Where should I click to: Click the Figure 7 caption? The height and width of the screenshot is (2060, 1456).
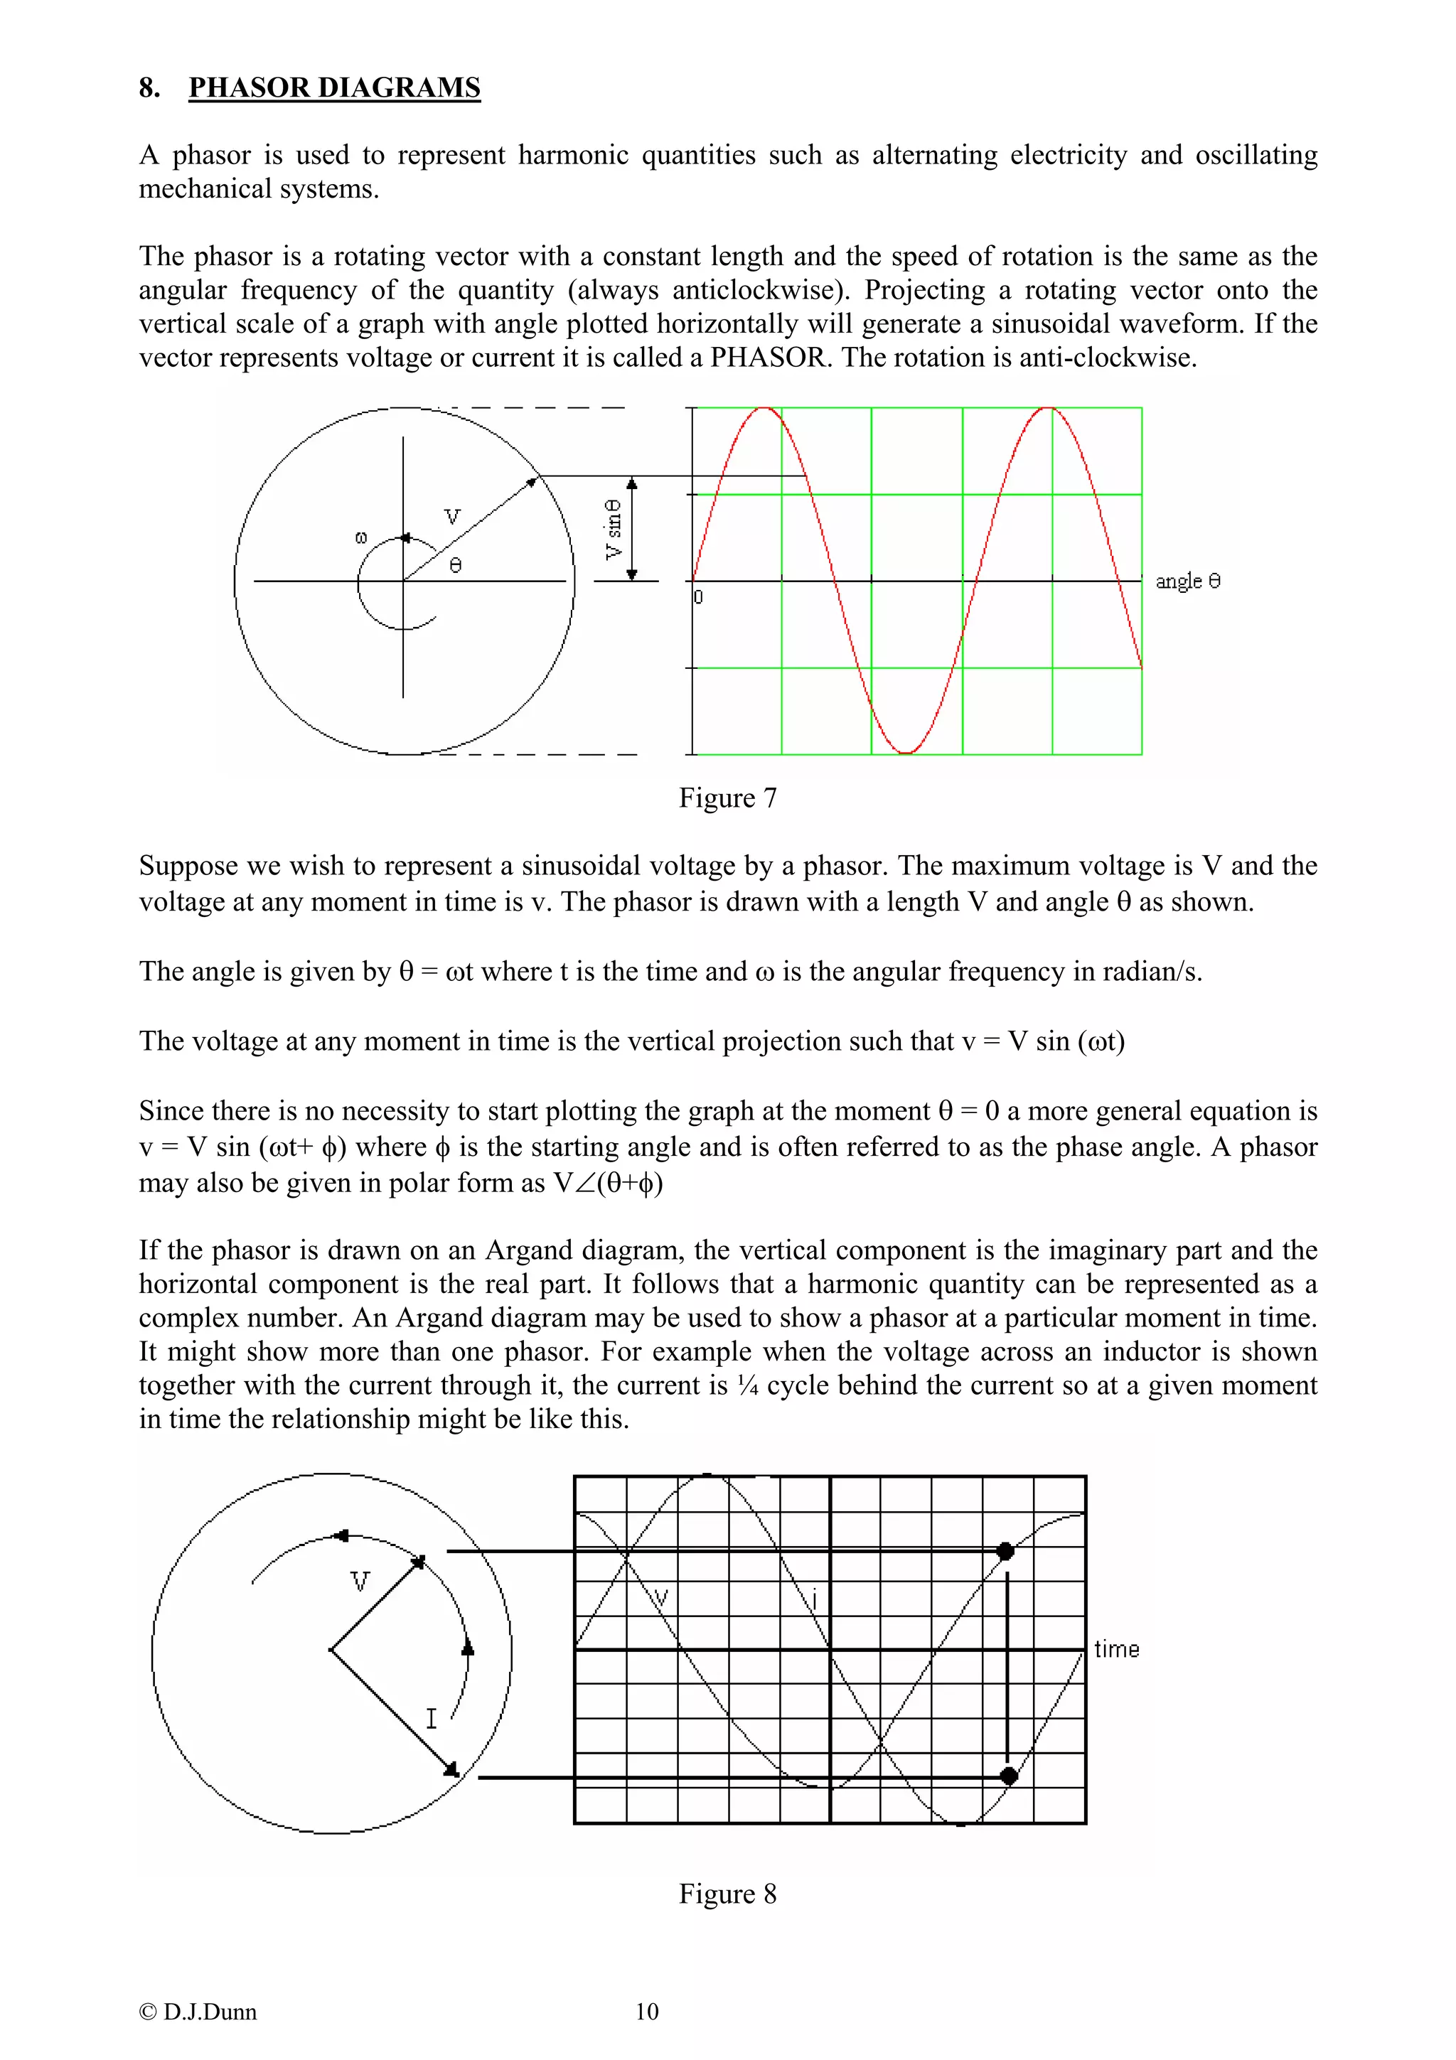pos(727,798)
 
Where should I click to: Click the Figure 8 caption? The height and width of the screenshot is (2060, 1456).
pos(727,1893)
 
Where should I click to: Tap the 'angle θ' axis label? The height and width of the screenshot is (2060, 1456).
pos(1187,581)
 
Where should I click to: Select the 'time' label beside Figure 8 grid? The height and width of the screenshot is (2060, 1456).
pos(1116,1649)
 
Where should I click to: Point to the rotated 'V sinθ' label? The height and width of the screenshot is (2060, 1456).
pos(614,530)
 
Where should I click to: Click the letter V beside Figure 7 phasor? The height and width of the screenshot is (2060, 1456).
pos(452,517)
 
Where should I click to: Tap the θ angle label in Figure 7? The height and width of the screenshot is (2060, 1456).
pos(456,565)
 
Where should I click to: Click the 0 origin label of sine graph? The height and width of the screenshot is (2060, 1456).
pos(699,596)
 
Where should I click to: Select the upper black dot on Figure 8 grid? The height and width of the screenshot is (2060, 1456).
pos(1006,1551)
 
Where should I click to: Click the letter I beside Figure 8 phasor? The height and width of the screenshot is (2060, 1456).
pos(431,1718)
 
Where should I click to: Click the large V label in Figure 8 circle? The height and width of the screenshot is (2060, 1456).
pos(360,1582)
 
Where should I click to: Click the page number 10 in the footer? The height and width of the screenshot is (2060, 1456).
pos(647,2012)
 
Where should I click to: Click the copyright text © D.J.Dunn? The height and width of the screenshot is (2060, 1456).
pos(198,2012)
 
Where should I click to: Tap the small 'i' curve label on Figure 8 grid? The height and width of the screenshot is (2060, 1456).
pos(814,1599)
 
